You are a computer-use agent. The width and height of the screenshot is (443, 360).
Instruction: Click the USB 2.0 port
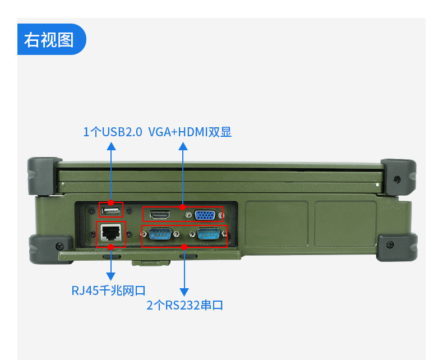111,211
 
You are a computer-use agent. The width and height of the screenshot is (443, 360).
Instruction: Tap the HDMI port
160,215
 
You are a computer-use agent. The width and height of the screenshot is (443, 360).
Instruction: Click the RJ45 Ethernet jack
111,233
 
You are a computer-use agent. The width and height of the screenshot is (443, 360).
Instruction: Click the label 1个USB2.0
113,132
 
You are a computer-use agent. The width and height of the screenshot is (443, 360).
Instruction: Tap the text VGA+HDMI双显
190,132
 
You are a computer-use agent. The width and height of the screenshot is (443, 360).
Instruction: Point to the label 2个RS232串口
184,306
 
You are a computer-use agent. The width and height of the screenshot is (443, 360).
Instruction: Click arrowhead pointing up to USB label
111,146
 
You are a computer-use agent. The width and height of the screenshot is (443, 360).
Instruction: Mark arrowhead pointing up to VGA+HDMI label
183,146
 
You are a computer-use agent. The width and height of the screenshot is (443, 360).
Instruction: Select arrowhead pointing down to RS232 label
183,291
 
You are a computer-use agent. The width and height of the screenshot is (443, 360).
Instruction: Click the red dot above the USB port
111,202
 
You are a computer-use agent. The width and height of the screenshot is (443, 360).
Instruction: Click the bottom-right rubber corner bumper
396,247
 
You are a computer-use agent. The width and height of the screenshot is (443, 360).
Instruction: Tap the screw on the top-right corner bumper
397,179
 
